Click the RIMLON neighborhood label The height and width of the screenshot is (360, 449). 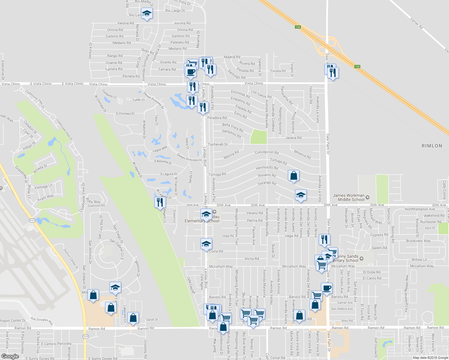click(x=432, y=146)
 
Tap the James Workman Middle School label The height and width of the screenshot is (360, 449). click(x=348, y=197)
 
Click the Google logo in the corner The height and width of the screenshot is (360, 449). click(x=10, y=356)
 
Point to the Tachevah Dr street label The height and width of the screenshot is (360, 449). click(x=218, y=144)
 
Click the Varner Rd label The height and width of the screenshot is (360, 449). click(x=417, y=23)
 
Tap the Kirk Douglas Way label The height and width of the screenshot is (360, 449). click(x=42, y=321)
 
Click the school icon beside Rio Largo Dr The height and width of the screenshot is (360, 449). click(x=147, y=14)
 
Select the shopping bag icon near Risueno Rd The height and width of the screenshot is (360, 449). click(x=294, y=176)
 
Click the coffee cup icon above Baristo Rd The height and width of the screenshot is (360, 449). click(x=327, y=288)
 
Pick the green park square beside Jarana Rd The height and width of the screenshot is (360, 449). click(x=258, y=136)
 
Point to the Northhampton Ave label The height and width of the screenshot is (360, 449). click(x=420, y=209)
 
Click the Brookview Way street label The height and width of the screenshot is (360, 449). click(x=418, y=241)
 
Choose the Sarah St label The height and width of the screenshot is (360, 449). click(x=152, y=320)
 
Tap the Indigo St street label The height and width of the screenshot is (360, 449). click(x=29, y=146)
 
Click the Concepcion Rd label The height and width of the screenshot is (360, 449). click(x=267, y=152)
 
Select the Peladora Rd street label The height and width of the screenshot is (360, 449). click(x=217, y=118)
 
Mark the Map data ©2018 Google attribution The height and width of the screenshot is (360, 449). click(x=430, y=358)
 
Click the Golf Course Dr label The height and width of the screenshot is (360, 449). click(x=376, y=348)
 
